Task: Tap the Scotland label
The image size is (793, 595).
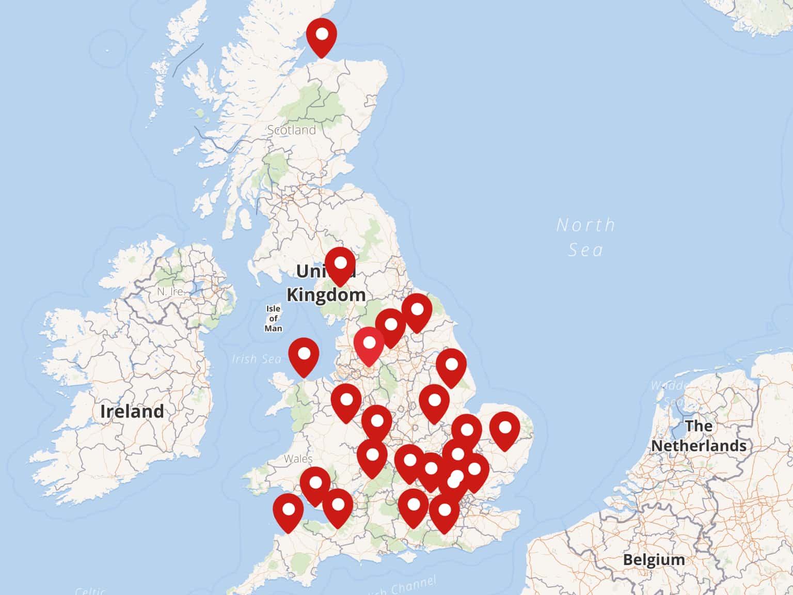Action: (291, 130)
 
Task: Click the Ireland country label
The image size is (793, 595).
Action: (132, 411)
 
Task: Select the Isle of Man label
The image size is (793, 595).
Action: (273, 318)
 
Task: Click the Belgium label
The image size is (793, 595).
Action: (654, 559)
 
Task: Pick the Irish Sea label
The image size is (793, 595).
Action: (256, 358)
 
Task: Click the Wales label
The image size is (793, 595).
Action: (298, 459)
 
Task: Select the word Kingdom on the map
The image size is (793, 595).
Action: (326, 295)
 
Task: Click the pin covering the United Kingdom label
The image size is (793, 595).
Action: (340, 265)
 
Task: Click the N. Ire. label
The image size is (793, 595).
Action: (170, 291)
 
